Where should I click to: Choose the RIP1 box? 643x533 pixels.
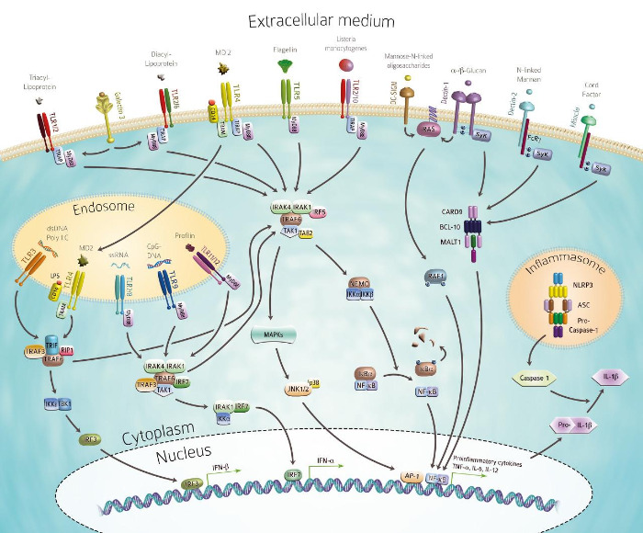tap(65, 352)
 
